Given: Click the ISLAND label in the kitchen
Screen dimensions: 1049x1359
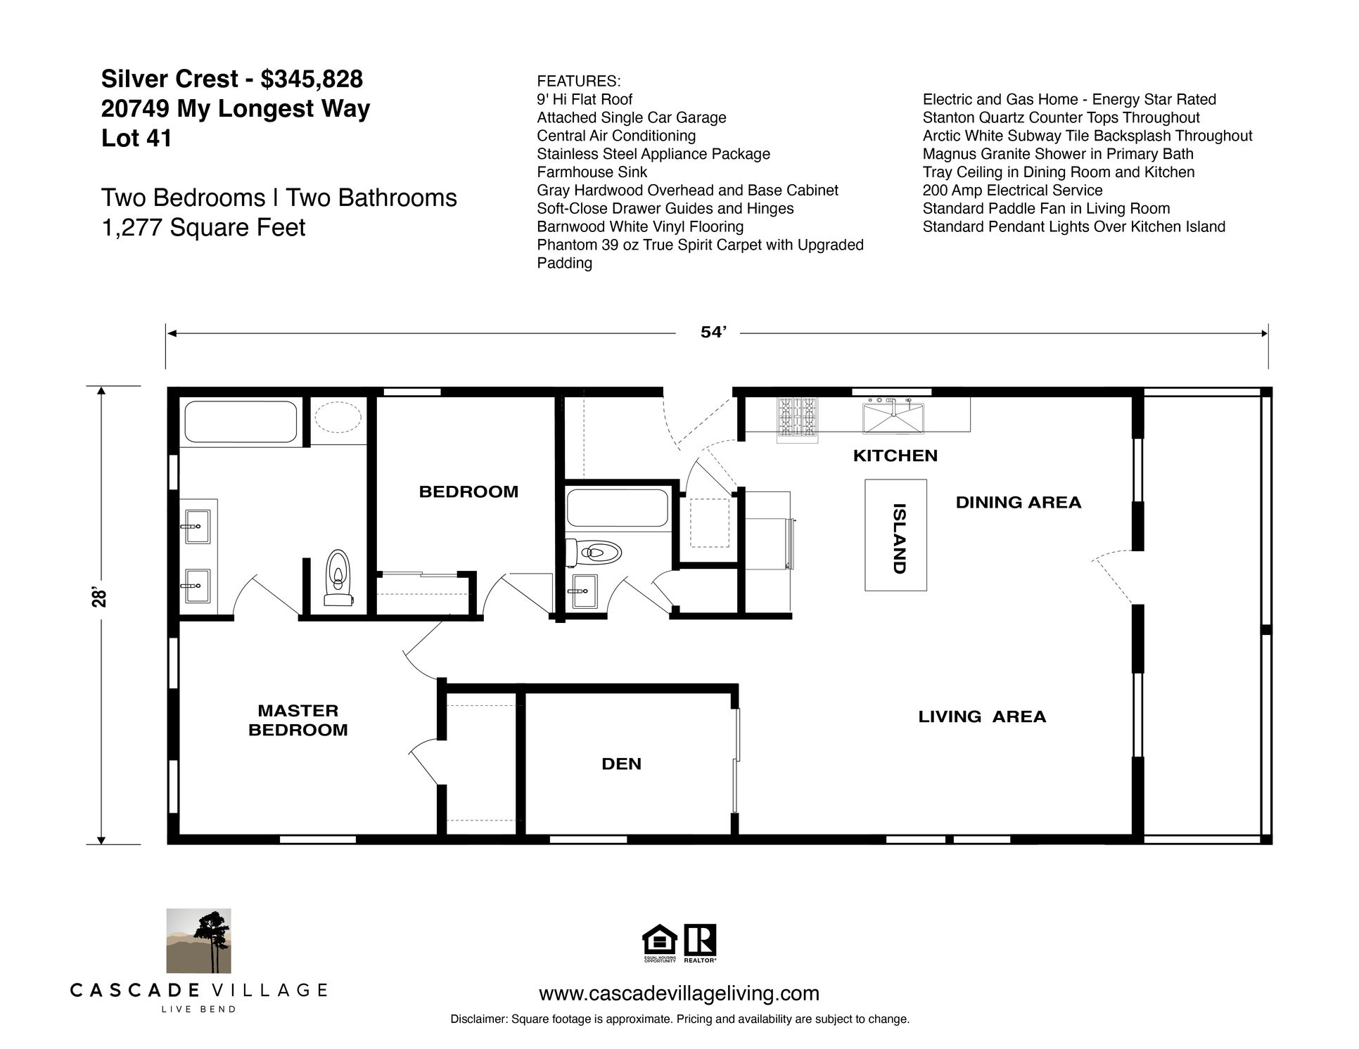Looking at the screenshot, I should pos(898,539).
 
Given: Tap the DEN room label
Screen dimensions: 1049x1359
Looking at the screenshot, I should pos(622,764).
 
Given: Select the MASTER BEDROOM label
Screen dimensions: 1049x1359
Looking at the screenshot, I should pos(298,720).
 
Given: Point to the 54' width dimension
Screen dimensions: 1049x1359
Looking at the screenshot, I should pos(713,333).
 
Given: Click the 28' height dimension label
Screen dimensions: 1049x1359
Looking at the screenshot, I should pos(101,598).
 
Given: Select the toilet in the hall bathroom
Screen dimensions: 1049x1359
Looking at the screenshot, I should pos(596,553).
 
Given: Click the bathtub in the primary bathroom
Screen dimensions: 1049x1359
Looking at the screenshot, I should pos(240,421).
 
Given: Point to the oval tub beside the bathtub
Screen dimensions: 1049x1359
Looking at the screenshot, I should pos(338,418).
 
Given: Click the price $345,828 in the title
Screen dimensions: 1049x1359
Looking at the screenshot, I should pos(312,79).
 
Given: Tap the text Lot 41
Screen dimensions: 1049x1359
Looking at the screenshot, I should pos(136,139).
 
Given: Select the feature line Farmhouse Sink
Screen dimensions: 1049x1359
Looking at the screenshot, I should pos(592,172).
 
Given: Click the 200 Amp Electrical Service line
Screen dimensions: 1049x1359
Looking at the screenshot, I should pos(1012,191).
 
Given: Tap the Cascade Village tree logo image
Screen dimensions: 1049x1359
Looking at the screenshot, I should pos(198,940).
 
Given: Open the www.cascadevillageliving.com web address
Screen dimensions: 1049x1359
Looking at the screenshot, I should pos(679,993).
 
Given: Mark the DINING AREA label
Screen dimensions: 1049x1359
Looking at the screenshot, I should pos(1018,502).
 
